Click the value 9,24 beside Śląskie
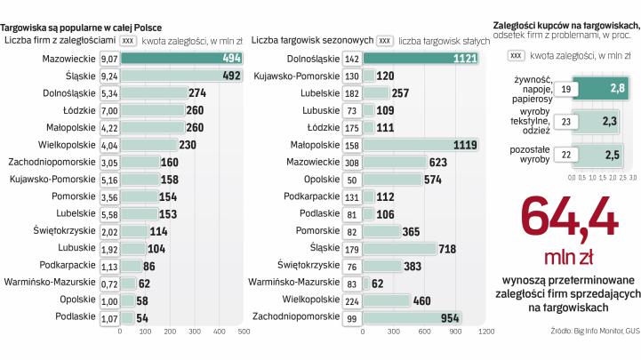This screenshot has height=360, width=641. tap(109, 76)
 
